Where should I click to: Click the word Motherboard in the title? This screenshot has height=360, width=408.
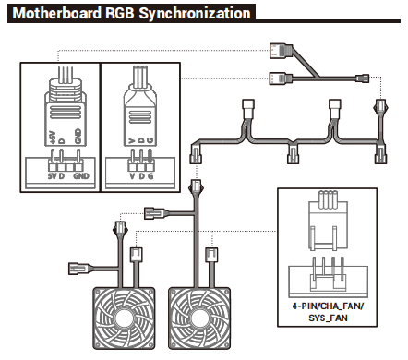pyautogui.click(x=57, y=14)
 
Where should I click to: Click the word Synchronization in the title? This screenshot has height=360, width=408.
pyautogui.click(x=195, y=14)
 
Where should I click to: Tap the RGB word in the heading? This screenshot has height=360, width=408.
pyautogui.click(x=120, y=14)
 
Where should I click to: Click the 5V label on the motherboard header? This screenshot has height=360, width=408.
pyautogui.click(x=52, y=176)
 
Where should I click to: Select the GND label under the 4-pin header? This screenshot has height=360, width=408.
pyautogui.click(x=81, y=176)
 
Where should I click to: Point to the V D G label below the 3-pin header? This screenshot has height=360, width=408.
pyautogui.click(x=141, y=176)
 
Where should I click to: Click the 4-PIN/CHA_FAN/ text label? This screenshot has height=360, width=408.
pyautogui.click(x=328, y=306)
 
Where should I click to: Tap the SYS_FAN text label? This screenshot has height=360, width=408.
pyautogui.click(x=328, y=318)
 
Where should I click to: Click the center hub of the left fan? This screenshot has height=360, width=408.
pyautogui.click(x=124, y=318)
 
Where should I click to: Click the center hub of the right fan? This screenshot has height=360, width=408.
pyautogui.click(x=199, y=318)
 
